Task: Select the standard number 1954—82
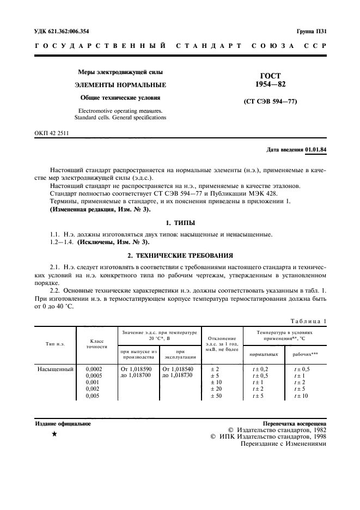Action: [x=271, y=84]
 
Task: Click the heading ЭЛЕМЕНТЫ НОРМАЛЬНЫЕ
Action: [x=120, y=85]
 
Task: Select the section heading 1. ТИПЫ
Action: [x=180, y=223]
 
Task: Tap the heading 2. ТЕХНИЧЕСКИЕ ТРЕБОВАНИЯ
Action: [x=180, y=254]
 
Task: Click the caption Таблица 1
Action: [x=308, y=321]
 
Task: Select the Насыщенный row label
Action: [x=55, y=369]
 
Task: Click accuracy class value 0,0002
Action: [x=94, y=369]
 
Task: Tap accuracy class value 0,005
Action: [x=94, y=396]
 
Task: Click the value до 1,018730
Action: [x=180, y=375]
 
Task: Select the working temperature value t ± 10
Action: [x=301, y=396]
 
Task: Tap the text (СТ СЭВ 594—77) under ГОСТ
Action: [x=271, y=102]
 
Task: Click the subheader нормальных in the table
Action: [x=264, y=355]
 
